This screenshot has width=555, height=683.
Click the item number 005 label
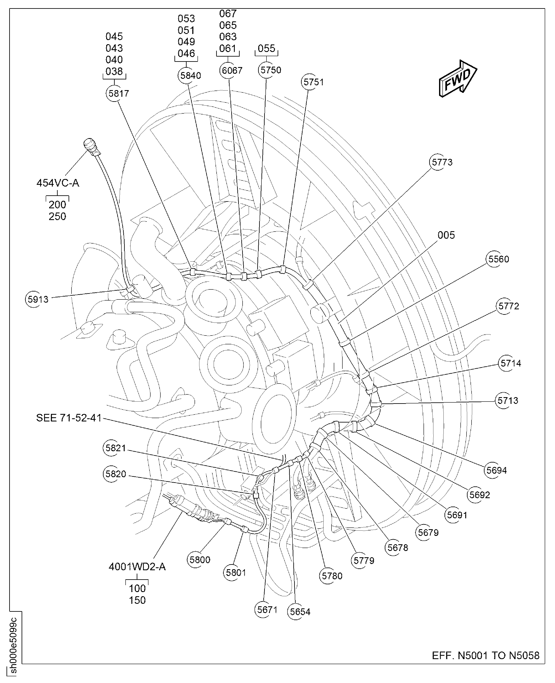446,235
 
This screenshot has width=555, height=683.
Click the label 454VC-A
57,183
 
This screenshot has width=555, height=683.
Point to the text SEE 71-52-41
69,418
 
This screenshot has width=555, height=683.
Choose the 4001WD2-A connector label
137,567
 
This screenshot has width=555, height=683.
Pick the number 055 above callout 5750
266,49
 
